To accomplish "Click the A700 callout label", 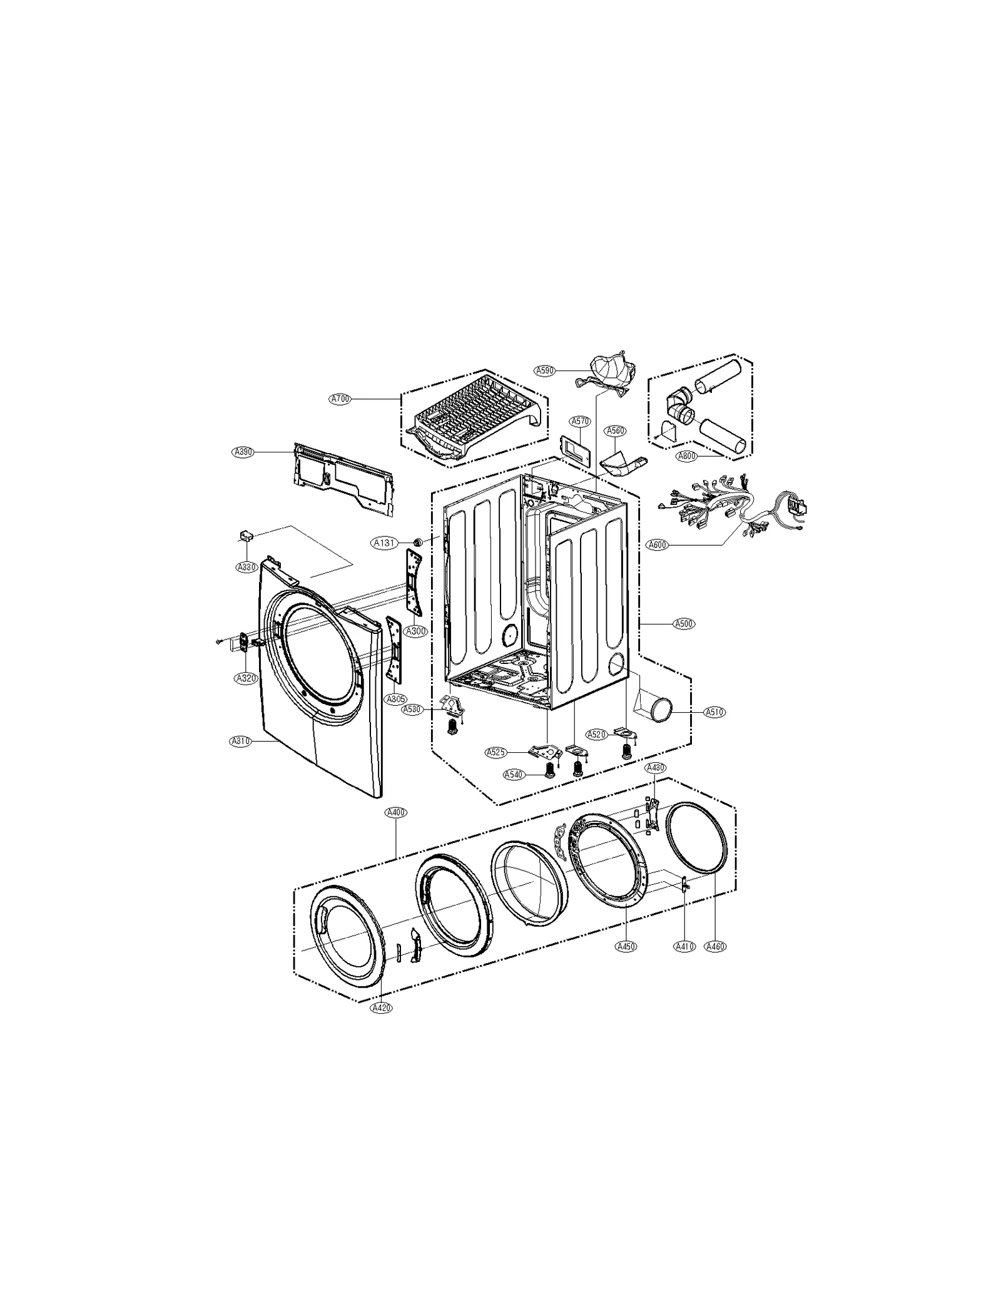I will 340,398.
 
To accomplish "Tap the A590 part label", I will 545,370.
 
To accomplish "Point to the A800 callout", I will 686,456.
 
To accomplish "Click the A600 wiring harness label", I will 657,544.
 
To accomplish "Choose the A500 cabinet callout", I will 684,623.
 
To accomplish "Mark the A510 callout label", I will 714,712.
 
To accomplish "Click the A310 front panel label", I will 240,741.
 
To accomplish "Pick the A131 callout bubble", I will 384,543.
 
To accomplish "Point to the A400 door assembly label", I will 396,812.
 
